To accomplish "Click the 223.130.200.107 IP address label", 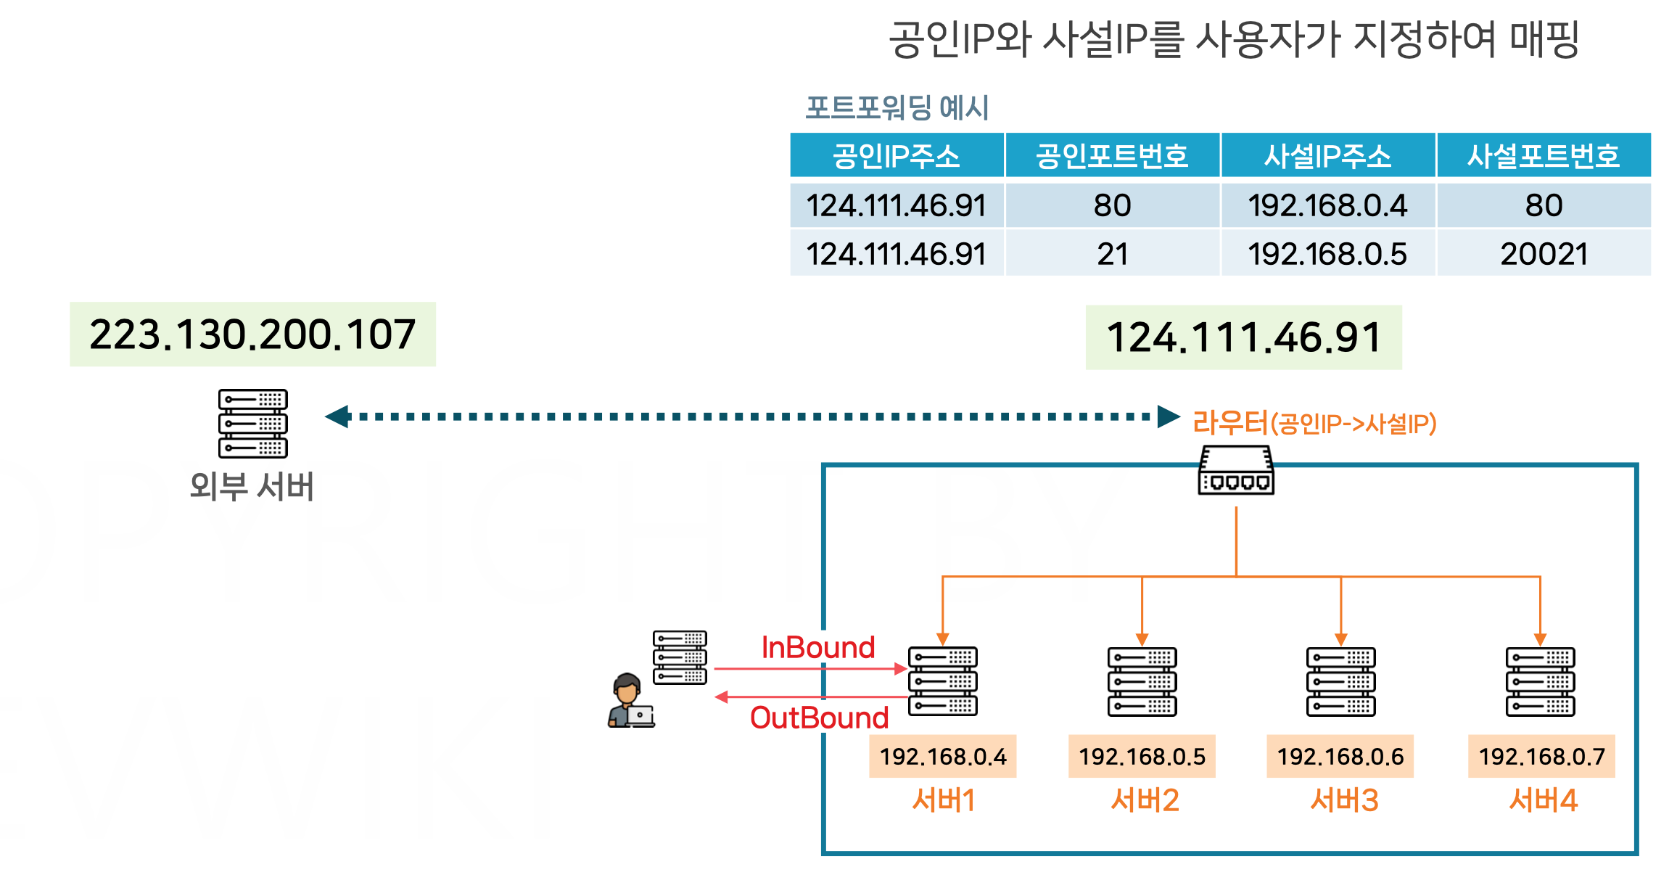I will tap(252, 334).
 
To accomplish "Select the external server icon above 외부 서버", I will tap(252, 423).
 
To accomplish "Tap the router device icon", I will tap(1236, 471).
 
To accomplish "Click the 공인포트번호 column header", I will tap(1112, 156).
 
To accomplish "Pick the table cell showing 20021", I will tap(1544, 254).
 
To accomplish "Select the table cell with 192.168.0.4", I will tap(1327, 205).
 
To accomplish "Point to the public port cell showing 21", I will tap(1112, 254).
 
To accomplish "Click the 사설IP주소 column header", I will tap(1327, 156).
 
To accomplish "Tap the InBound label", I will tap(818, 647).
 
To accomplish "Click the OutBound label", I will tap(819, 718).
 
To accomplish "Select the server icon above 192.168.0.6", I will tap(1340, 681).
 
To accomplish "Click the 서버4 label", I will tap(1543, 800).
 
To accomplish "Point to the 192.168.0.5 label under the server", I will tap(1142, 757).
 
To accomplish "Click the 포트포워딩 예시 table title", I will tap(897, 108).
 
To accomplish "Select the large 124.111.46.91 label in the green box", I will tap(1243, 337).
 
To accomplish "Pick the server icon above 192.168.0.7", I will tap(1540, 681).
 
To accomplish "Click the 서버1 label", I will tap(943, 800).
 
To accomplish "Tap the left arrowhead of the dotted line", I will tap(337, 416).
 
